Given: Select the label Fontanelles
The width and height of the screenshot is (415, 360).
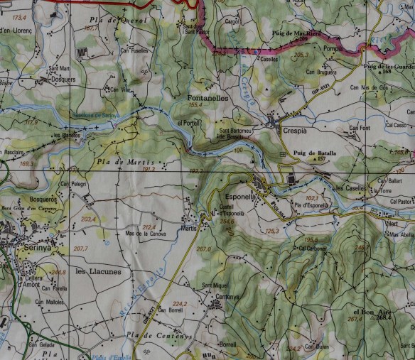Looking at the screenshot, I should [207, 97].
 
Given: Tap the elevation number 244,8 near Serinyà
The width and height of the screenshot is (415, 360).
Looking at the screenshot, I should [58, 271].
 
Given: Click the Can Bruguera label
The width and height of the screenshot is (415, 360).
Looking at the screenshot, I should [320, 71].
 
